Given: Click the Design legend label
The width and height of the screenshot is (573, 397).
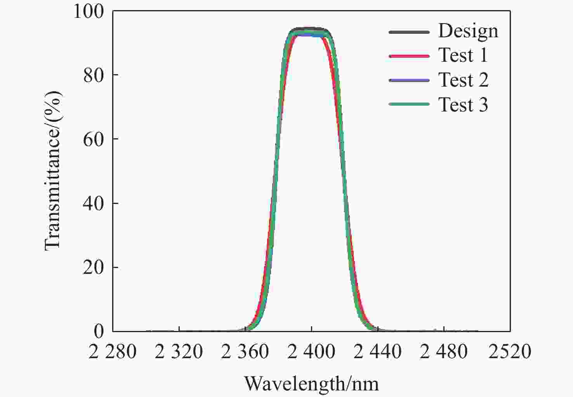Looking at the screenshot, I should pos(468,31).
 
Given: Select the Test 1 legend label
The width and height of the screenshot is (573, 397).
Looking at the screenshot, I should pos(463,55).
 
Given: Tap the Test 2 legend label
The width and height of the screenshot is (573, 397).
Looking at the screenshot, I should pos(463,80).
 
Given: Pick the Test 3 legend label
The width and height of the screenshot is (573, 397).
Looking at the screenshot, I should pos(463,104).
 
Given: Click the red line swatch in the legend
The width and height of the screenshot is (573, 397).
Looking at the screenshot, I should pos(409,56).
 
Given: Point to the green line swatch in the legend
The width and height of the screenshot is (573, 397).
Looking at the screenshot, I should pos(409,104).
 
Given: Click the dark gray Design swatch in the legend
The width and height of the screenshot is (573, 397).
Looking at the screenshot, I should pos(409,32).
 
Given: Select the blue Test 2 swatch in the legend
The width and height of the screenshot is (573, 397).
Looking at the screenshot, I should pos(409,80).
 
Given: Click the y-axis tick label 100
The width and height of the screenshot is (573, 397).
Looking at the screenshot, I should pos(89,12).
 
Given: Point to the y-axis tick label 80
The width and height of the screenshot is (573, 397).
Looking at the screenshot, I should pos(94,75).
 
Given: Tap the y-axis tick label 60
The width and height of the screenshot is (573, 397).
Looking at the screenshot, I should pos(94,139).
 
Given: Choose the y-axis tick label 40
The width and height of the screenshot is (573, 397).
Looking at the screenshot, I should pos(94,203).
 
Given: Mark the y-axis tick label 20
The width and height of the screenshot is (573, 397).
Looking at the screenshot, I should pos(94,267).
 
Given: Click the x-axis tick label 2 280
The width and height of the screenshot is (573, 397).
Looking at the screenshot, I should pos(113,352).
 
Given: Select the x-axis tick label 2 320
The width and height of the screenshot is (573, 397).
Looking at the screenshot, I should pos(179,352).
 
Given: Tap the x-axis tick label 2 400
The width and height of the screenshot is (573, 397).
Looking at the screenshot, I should pos(311,352).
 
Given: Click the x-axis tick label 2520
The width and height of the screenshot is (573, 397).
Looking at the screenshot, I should pos(510,352).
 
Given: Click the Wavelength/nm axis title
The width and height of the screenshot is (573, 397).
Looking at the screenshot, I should pos(311,384).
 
